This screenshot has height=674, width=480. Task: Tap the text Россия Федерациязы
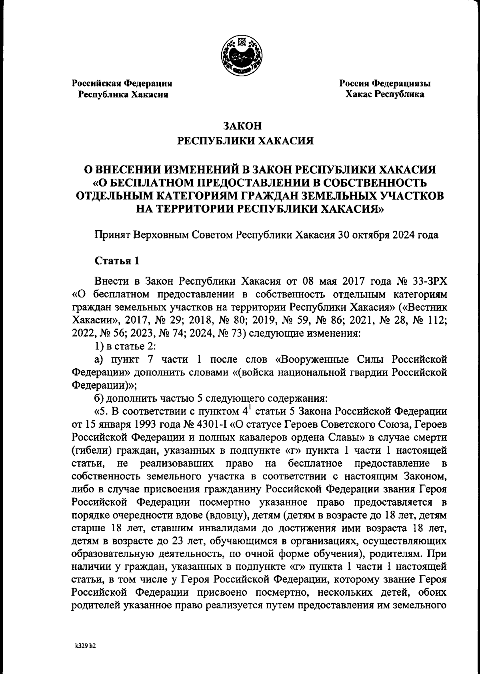(385, 84)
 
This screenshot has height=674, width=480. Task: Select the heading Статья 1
(117, 261)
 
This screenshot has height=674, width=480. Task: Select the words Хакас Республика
(385, 95)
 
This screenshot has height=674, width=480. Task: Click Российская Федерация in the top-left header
(122, 84)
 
